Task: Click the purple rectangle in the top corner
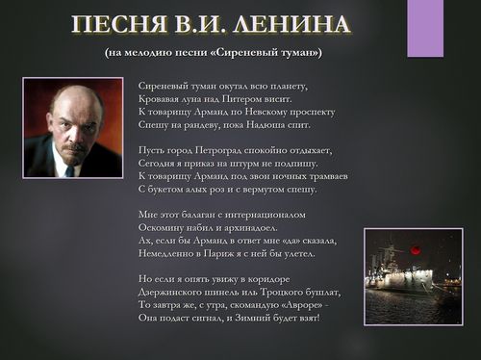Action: tap(424, 28)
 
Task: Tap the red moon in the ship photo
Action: tap(416, 249)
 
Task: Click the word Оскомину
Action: tap(165, 228)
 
